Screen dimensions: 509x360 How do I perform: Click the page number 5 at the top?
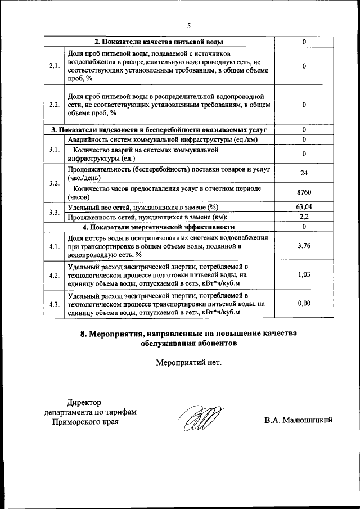pyautogui.click(x=188, y=25)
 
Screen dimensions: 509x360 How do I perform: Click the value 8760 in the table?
pyautogui.click(x=304, y=193)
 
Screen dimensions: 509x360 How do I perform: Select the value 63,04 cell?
pyautogui.click(x=304, y=207)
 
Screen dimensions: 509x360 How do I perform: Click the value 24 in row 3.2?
pyautogui.click(x=304, y=173)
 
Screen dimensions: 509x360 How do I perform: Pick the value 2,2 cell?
pyautogui.click(x=304, y=217)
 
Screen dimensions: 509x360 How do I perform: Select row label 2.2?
pyautogui.click(x=55, y=105)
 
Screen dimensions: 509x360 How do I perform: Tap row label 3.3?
pyautogui.click(x=55, y=212)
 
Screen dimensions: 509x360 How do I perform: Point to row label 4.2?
pyautogui.click(x=55, y=275)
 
